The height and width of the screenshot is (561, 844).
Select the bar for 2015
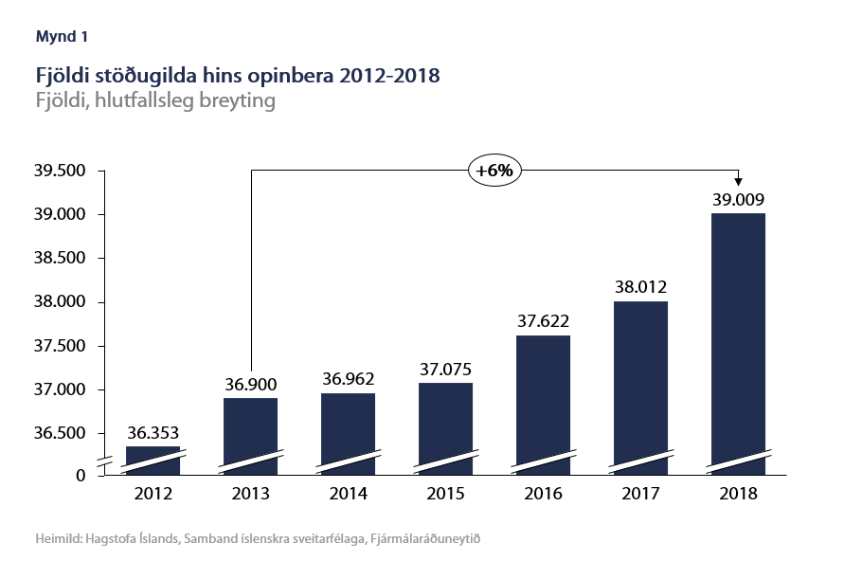pos(445,426)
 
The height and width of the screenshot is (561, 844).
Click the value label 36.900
pos(250,387)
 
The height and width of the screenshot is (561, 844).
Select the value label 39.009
pos(738,200)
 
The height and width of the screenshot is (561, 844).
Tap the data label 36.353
pos(153,434)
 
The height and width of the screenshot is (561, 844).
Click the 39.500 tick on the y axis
pos(60,172)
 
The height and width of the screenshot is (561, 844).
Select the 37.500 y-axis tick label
pos(60,347)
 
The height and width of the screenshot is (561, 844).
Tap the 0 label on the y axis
pos(81,475)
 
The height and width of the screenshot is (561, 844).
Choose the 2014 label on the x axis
pos(348,495)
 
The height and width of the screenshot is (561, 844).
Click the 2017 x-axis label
pos(640,495)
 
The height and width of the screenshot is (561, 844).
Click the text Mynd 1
pos(62,37)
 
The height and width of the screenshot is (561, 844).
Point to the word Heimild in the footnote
pos(58,538)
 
